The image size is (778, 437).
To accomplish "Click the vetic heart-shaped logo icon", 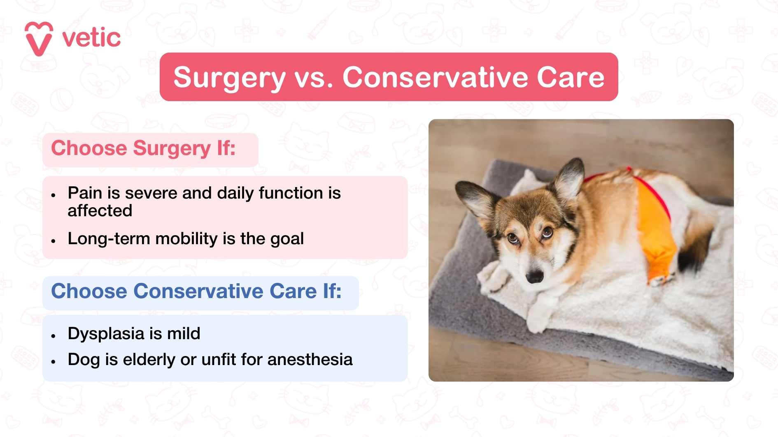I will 39,39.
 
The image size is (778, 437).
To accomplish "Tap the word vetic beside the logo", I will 91,38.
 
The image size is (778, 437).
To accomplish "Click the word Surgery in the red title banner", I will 229,77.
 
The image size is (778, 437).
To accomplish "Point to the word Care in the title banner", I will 571,77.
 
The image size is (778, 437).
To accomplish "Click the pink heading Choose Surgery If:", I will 143,148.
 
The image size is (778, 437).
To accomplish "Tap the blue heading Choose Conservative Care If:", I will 196,291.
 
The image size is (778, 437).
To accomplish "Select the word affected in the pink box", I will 100,211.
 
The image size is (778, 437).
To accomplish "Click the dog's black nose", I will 535,277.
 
